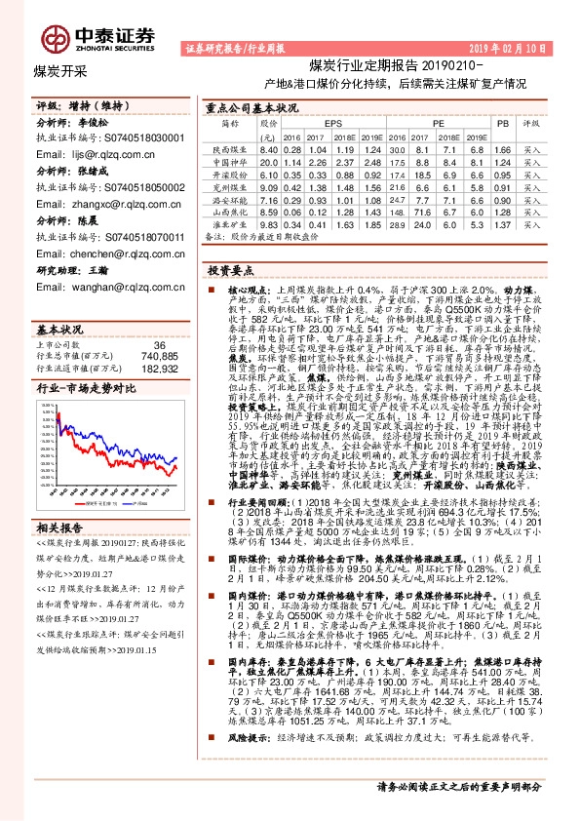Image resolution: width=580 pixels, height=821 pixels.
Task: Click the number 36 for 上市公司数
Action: [160, 317]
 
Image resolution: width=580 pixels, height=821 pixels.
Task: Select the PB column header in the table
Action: [502, 125]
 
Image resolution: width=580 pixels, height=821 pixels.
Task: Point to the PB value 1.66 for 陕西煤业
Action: [502, 148]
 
